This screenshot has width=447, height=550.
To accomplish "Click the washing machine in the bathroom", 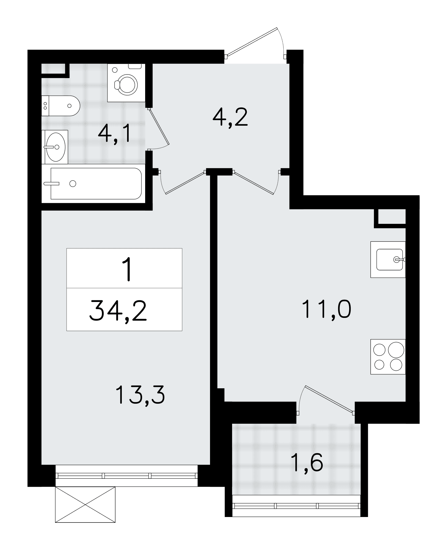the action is [126, 83].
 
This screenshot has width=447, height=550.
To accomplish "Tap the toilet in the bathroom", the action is [61, 106].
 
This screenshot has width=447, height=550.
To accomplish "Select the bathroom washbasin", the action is [55, 147].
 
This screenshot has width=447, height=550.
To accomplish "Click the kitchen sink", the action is [388, 259].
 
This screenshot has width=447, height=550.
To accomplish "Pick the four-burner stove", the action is [388, 357].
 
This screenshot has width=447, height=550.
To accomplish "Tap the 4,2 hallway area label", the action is [230, 117].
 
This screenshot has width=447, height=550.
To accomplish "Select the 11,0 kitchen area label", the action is [326, 309].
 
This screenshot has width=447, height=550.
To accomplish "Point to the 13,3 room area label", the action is [140, 395].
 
